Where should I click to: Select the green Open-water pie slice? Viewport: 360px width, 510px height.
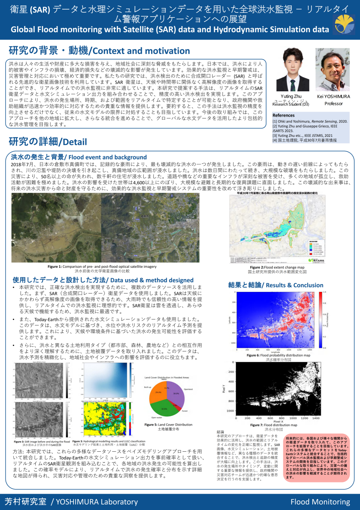(163, 409)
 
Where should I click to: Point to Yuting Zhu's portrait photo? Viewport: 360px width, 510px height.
(292, 70)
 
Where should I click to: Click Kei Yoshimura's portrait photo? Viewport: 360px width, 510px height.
(333, 70)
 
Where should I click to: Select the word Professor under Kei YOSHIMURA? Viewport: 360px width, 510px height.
(333, 104)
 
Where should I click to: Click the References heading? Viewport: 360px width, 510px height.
(283, 115)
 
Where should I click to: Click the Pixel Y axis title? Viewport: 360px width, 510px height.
(224, 388)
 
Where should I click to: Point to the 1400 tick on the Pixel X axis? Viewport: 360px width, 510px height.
(316, 418)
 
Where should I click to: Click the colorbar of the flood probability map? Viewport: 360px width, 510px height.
(320, 320)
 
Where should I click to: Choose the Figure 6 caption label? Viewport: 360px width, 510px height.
(253, 355)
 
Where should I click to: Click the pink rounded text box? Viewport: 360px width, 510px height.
(317, 458)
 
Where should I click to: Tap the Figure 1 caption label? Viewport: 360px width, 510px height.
(55, 267)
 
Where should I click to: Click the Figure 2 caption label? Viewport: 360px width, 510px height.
(256, 267)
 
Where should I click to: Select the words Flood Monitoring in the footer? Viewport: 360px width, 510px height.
(320, 502)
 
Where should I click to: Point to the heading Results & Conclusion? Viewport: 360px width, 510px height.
(275, 285)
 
